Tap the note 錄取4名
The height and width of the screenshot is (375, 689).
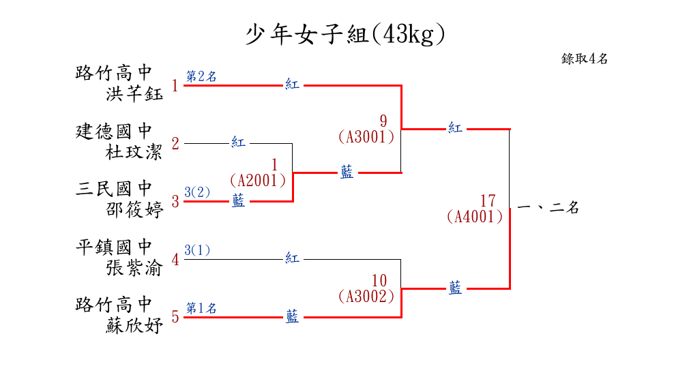click(x=585, y=59)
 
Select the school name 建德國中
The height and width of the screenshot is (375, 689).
click(x=113, y=131)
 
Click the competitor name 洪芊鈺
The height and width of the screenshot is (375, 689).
click(x=134, y=93)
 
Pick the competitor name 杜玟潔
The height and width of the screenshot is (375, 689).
click(x=134, y=151)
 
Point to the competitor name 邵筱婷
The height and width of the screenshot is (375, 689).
click(x=134, y=210)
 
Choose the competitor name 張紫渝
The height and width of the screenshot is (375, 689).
click(x=134, y=268)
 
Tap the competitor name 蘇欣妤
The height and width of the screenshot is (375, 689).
click(x=134, y=326)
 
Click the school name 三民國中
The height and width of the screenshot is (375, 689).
click(x=113, y=189)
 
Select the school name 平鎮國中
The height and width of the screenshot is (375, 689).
click(x=113, y=247)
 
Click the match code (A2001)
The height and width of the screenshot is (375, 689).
click(x=258, y=181)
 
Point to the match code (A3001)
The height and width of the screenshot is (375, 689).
click(x=366, y=137)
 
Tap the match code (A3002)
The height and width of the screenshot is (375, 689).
click(x=366, y=297)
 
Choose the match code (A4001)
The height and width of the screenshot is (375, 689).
click(x=475, y=217)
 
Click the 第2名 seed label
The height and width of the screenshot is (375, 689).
click(x=201, y=76)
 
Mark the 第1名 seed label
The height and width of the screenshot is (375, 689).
click(x=201, y=309)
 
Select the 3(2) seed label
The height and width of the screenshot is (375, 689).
click(x=197, y=192)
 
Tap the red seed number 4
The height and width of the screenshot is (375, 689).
click(x=175, y=260)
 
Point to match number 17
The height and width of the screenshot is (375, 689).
click(x=488, y=201)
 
